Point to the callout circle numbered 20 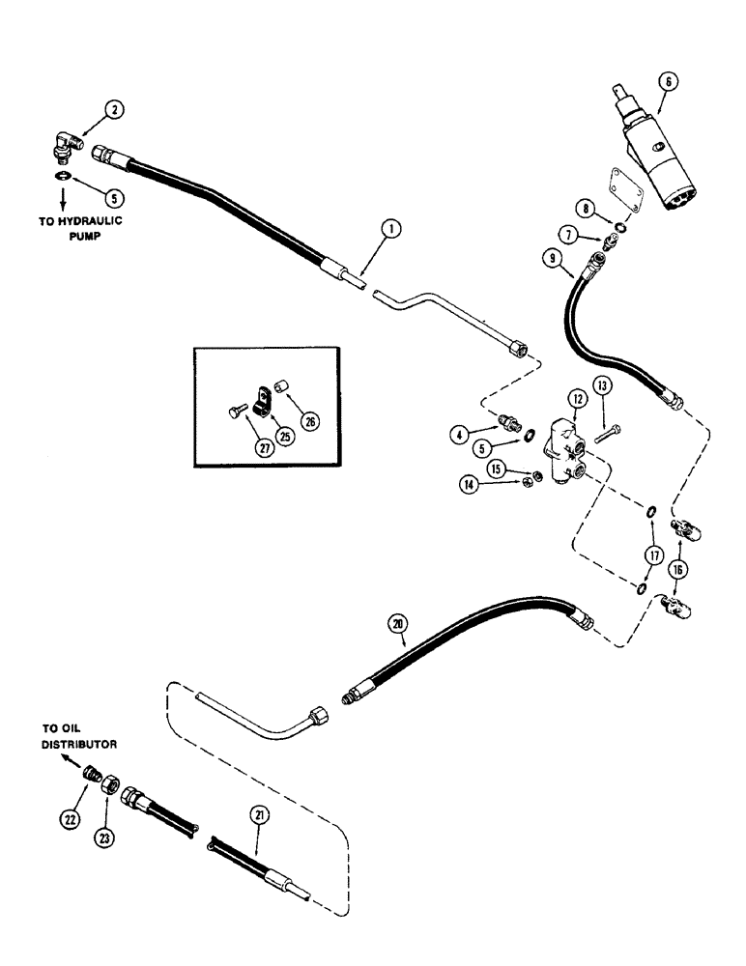(x=398, y=624)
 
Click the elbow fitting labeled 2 (x=66, y=150)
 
